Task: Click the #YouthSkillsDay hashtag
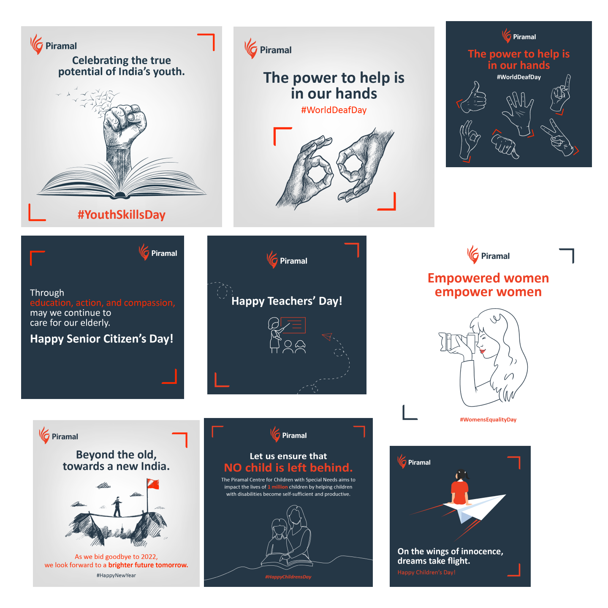coord(122,214)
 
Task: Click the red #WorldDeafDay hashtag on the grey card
coord(334,110)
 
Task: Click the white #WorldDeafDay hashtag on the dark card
coord(518,77)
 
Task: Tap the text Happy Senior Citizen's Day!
coord(101,339)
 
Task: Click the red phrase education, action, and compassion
coord(103,303)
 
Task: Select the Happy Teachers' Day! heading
coord(287,301)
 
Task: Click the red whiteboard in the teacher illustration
coord(293,325)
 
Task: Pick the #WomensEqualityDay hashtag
coord(488,419)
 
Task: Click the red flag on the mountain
coord(153,484)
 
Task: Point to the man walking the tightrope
coord(117,507)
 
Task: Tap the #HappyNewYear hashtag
coord(116,575)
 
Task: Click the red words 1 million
coord(277,487)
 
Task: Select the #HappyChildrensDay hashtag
coord(288,577)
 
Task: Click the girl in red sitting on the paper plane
coord(460,488)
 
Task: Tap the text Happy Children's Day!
coord(426,573)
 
